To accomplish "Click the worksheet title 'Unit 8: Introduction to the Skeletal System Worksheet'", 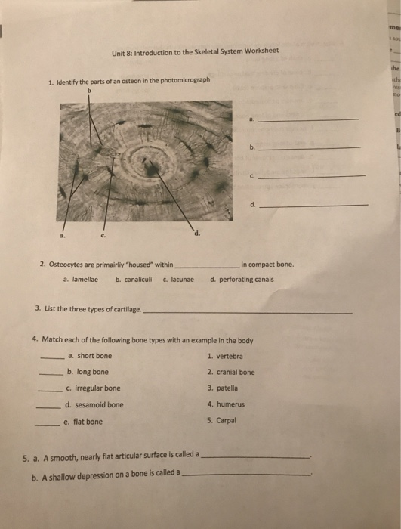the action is click(x=195, y=51).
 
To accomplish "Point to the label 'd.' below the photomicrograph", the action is click(x=198, y=233).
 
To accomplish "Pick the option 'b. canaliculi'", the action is click(x=134, y=279).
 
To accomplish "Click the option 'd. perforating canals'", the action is click(x=242, y=279).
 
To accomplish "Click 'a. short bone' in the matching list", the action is click(x=89, y=356).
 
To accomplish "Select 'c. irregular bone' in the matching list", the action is click(x=93, y=388).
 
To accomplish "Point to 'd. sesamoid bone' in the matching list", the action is click(x=94, y=405).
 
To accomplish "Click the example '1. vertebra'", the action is click(x=224, y=356).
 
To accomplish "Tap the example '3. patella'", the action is click(x=221, y=388).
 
